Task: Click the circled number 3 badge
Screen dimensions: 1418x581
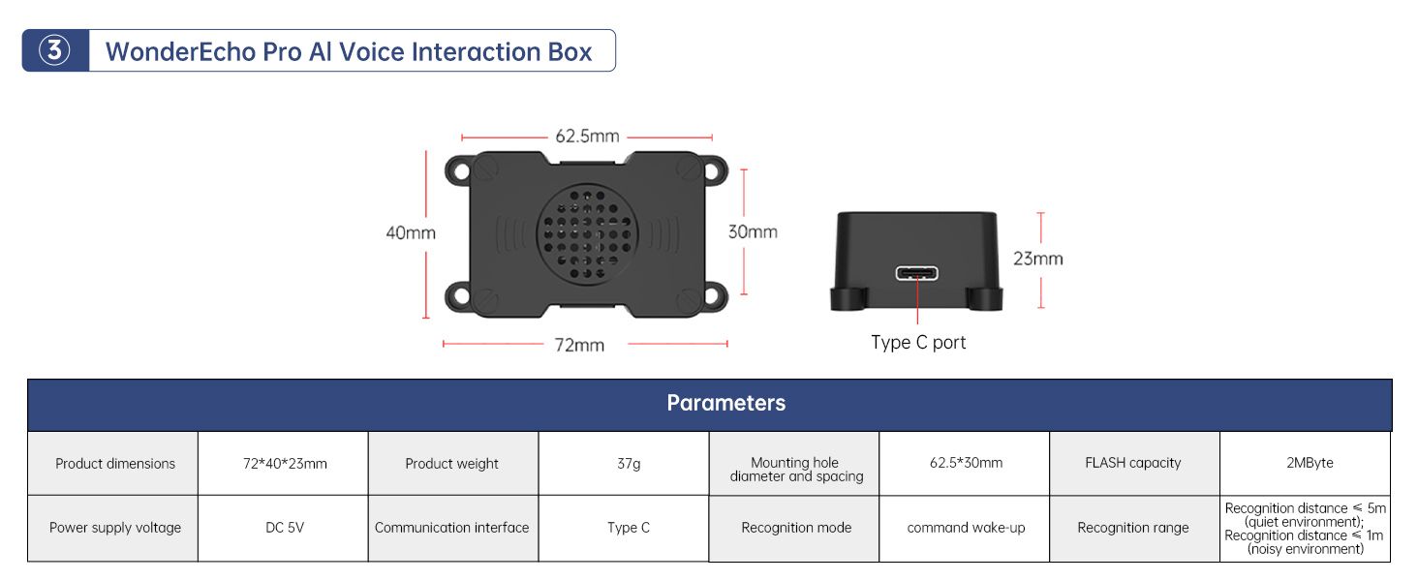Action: (x=54, y=50)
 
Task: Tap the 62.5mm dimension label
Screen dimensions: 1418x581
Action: (x=587, y=137)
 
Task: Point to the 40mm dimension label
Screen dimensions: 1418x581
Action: (x=411, y=233)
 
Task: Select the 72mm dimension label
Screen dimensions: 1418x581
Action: (x=579, y=345)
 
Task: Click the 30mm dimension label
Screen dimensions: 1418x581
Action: (x=753, y=231)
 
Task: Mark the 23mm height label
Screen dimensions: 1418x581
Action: (x=1038, y=259)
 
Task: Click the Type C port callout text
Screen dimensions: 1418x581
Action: (x=918, y=343)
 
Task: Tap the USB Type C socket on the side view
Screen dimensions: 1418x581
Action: (x=916, y=273)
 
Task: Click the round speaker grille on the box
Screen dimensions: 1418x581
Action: (x=587, y=234)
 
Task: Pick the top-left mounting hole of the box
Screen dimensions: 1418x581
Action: (x=461, y=171)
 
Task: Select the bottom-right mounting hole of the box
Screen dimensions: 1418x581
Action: (x=712, y=295)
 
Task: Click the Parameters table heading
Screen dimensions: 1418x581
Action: (x=726, y=403)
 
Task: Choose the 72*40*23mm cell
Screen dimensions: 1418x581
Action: (x=285, y=463)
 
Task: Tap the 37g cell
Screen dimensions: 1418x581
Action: (x=629, y=463)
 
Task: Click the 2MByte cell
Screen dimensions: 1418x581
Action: (x=1310, y=463)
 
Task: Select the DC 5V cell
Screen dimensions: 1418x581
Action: (x=285, y=527)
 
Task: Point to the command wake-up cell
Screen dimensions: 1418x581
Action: (x=966, y=527)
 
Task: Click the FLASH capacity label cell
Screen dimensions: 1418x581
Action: (x=1133, y=463)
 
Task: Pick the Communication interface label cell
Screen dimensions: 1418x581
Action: (x=452, y=527)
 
